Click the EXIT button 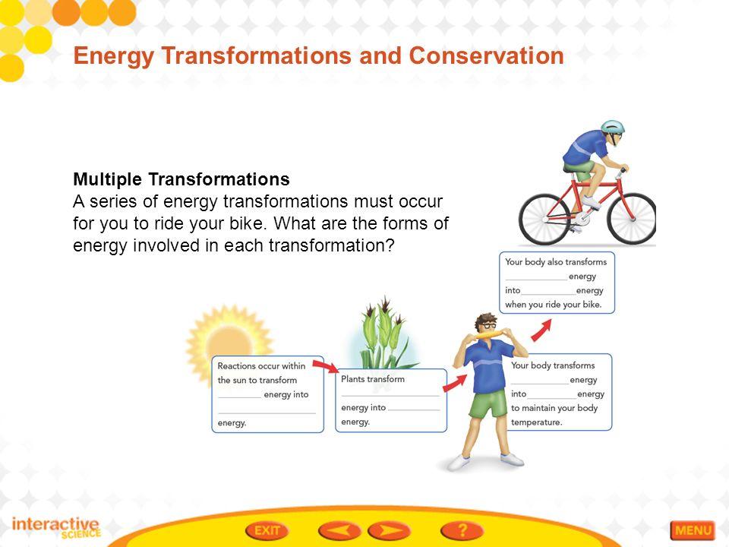(x=267, y=530)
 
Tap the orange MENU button (x=693, y=530)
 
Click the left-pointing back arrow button (x=339, y=530)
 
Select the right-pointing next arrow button (x=389, y=530)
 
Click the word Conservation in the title (x=486, y=55)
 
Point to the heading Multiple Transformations (x=181, y=179)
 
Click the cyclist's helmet (x=612, y=127)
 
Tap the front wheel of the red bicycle (x=632, y=219)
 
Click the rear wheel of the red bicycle (x=544, y=220)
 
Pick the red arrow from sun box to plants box (x=327, y=366)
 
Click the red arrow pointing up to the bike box (x=541, y=330)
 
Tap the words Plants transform (x=373, y=379)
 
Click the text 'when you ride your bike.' (x=554, y=305)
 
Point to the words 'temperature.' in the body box (x=537, y=422)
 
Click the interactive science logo (x=56, y=527)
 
